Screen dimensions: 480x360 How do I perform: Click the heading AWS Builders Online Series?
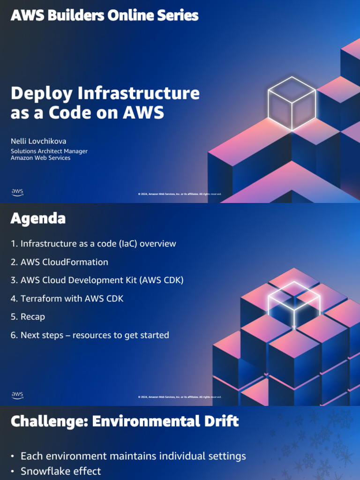105,15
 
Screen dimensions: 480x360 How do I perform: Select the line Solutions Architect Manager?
49,151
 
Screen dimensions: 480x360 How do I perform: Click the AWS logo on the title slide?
17,192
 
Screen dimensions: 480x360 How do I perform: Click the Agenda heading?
38,218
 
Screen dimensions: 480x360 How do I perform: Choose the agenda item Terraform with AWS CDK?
67,299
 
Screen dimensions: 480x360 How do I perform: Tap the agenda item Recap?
28,317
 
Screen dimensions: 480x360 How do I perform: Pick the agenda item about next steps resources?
90,335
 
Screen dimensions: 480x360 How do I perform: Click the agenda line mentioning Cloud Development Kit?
97,280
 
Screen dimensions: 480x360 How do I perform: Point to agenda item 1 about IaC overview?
93,244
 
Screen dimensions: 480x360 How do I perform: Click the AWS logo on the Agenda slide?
17,395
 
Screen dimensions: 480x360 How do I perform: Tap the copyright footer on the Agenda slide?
180,397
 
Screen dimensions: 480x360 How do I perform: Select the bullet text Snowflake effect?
60,471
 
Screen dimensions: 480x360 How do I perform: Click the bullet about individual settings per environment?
133,456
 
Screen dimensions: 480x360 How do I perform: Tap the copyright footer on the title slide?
180,194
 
